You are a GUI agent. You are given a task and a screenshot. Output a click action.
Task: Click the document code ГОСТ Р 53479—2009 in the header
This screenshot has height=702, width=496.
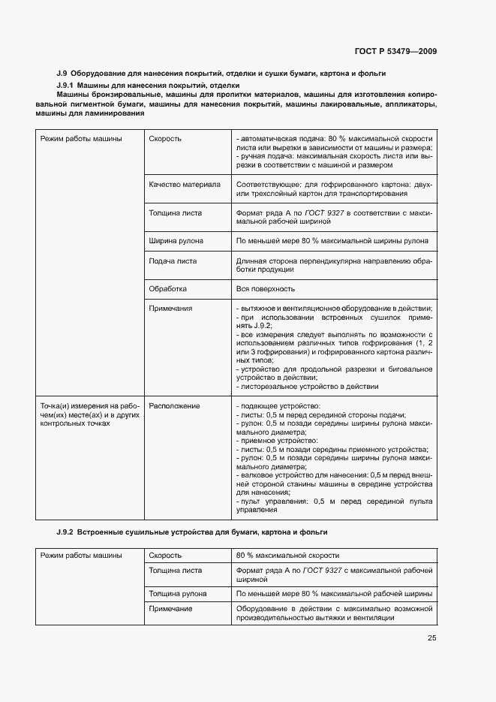click(x=395, y=52)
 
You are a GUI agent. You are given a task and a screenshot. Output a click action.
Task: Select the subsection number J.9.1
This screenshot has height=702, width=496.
click(x=68, y=86)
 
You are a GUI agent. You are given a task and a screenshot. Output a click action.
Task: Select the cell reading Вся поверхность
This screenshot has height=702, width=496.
click(x=265, y=288)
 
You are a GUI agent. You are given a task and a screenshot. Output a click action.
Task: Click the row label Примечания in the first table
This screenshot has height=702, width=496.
click(x=171, y=308)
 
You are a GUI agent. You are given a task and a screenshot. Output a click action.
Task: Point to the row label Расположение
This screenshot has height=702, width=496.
click(x=174, y=405)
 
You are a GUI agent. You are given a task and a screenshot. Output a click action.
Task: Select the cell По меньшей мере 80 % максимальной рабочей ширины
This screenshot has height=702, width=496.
click(x=333, y=593)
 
